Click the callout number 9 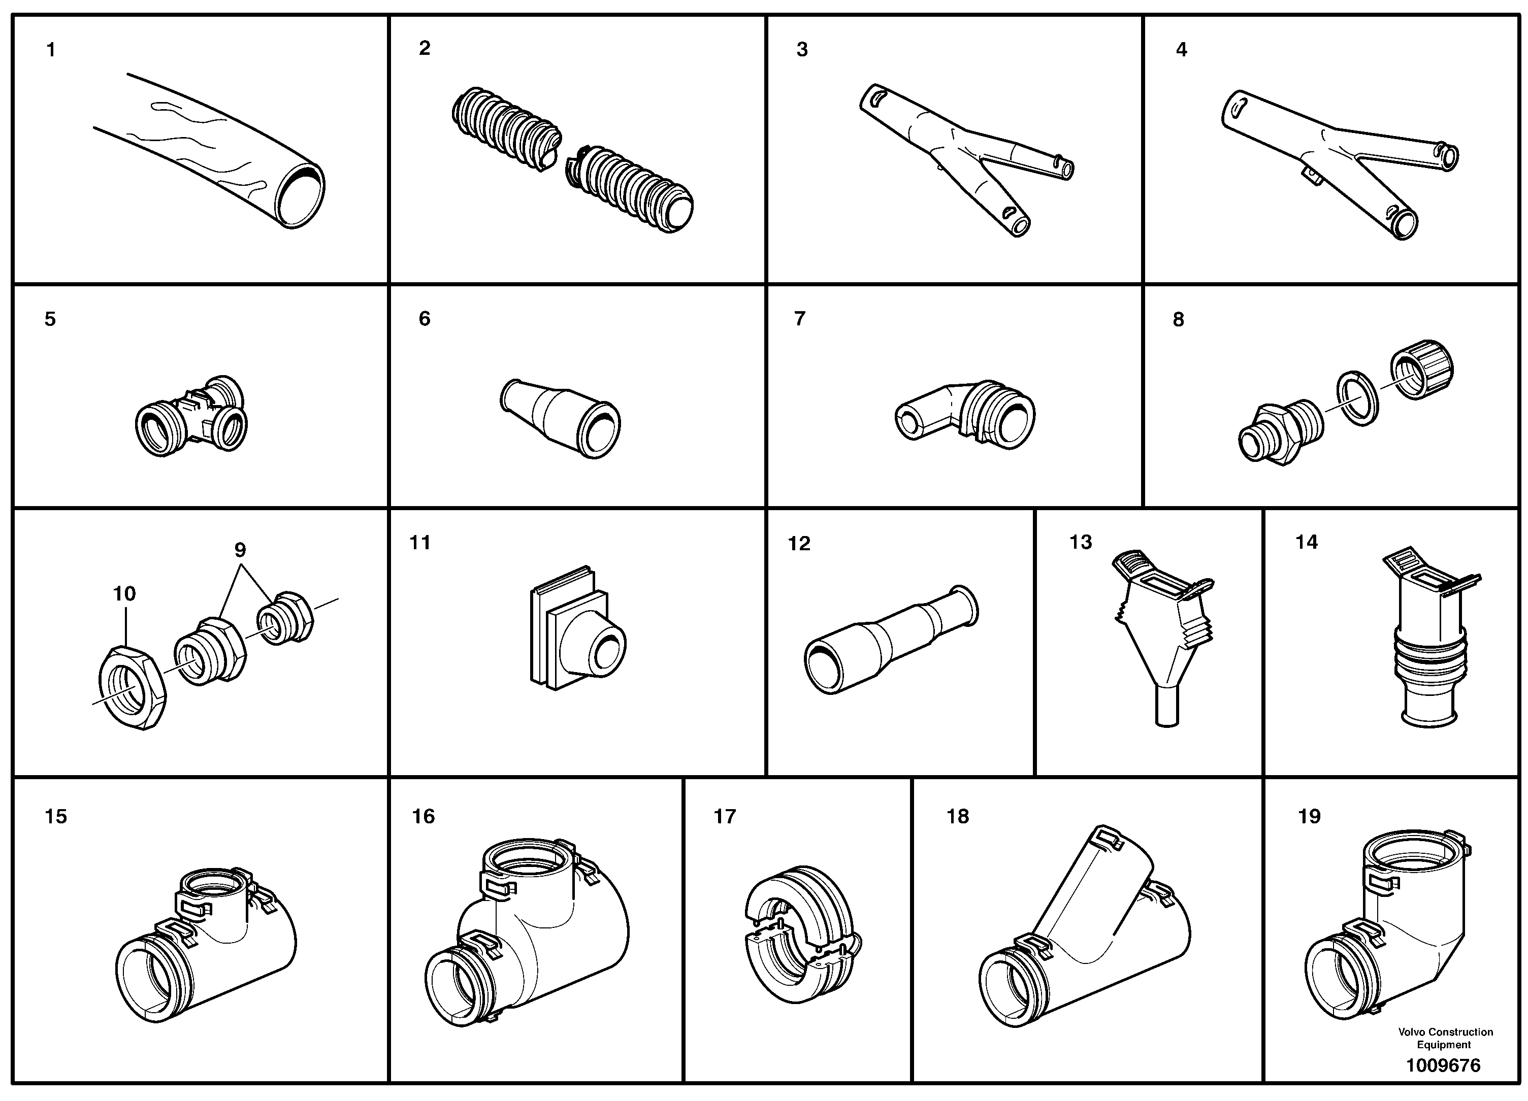[x=240, y=550]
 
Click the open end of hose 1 [x=301, y=195]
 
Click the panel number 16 [x=423, y=817]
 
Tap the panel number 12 [x=798, y=544]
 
